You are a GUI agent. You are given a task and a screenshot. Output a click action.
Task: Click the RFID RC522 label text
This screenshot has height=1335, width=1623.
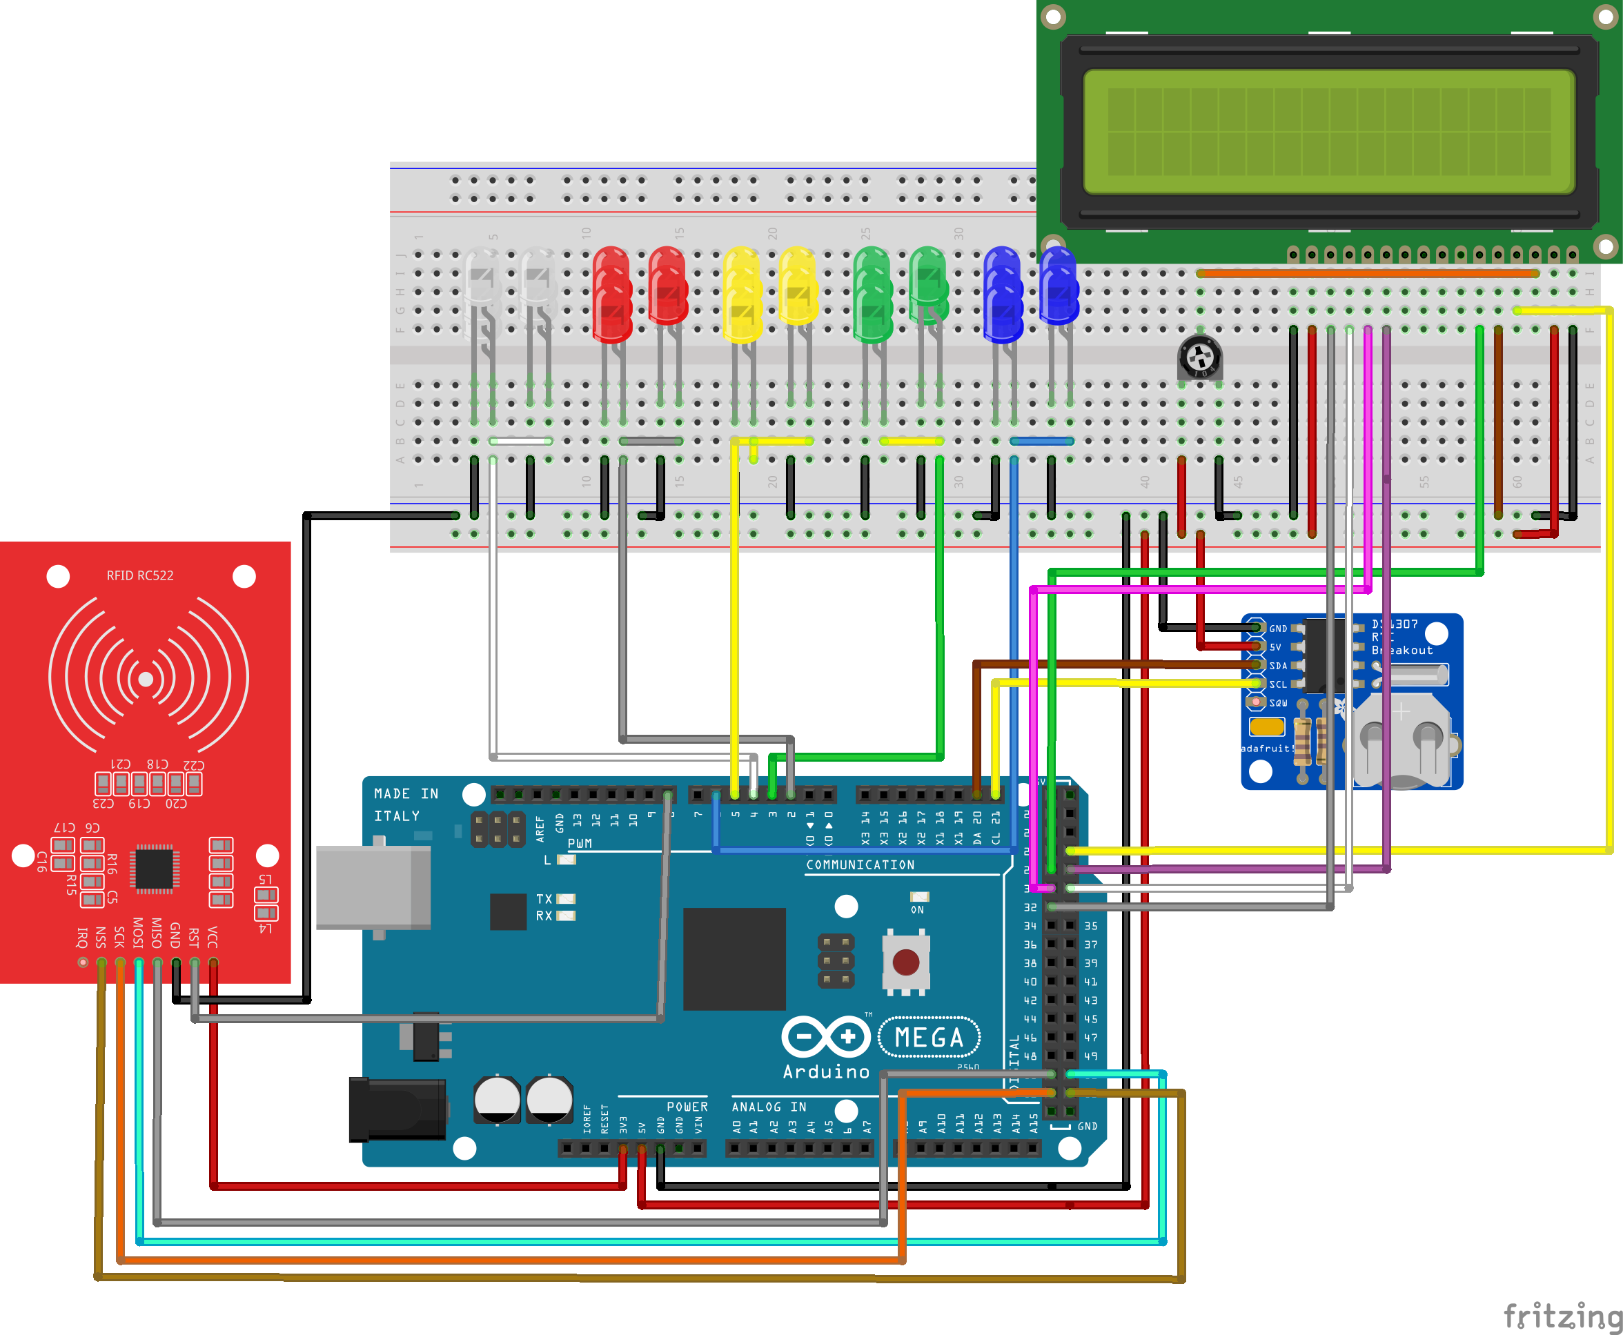(139, 575)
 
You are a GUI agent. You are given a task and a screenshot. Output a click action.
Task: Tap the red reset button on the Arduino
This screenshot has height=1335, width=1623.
(905, 961)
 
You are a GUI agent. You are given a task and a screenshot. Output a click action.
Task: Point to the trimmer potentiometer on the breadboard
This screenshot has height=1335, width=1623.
(1199, 357)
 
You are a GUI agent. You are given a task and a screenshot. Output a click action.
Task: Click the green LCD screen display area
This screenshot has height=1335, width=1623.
(1328, 132)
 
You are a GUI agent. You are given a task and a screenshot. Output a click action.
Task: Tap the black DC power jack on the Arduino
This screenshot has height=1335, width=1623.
(397, 1109)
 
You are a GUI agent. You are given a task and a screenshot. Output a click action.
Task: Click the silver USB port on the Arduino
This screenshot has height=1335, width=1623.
(373, 887)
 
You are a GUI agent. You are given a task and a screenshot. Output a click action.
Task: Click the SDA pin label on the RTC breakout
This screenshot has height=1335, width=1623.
(1278, 666)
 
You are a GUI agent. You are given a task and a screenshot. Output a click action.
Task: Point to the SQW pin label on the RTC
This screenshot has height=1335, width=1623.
(1278, 703)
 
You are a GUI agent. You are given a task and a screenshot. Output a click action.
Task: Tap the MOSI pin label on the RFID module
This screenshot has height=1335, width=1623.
(138, 932)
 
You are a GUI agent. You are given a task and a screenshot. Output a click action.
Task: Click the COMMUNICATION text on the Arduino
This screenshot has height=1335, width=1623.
(860, 865)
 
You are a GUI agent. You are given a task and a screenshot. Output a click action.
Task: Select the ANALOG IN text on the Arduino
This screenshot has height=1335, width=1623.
(769, 1107)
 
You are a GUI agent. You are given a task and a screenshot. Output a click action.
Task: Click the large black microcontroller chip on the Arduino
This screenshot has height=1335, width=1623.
(734, 959)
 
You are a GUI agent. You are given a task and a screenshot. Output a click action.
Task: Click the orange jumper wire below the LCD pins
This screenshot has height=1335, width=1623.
(1366, 274)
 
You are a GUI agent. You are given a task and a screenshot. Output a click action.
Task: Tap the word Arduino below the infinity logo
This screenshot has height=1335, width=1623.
(825, 1072)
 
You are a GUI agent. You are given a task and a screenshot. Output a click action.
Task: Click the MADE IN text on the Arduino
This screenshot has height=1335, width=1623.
(405, 793)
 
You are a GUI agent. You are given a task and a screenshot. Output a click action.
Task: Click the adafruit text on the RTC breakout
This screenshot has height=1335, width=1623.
(1266, 749)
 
